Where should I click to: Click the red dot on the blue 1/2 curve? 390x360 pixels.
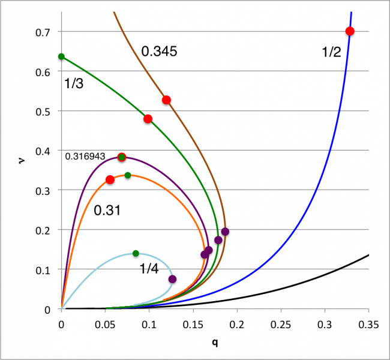(350, 31)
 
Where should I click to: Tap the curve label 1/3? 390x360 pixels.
(73, 84)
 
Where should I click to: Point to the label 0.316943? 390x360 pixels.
(85, 156)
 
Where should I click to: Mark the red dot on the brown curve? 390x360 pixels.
(166, 100)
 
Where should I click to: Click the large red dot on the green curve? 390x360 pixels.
(148, 119)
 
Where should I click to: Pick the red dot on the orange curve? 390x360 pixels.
(110, 179)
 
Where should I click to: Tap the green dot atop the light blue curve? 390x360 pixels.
(136, 253)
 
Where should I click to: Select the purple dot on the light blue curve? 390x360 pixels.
(172, 279)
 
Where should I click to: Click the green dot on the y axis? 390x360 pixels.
(61, 56)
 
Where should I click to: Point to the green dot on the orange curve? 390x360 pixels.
(127, 175)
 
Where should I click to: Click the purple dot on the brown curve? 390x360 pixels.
(225, 232)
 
